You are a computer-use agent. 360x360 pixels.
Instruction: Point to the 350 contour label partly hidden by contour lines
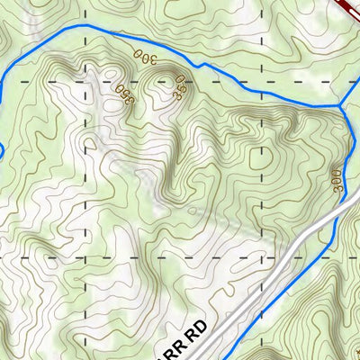tap(180, 88)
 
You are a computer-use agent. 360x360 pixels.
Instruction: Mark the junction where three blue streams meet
tap(341, 106)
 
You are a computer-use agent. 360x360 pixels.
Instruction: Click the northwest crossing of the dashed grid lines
tap(86, 82)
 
